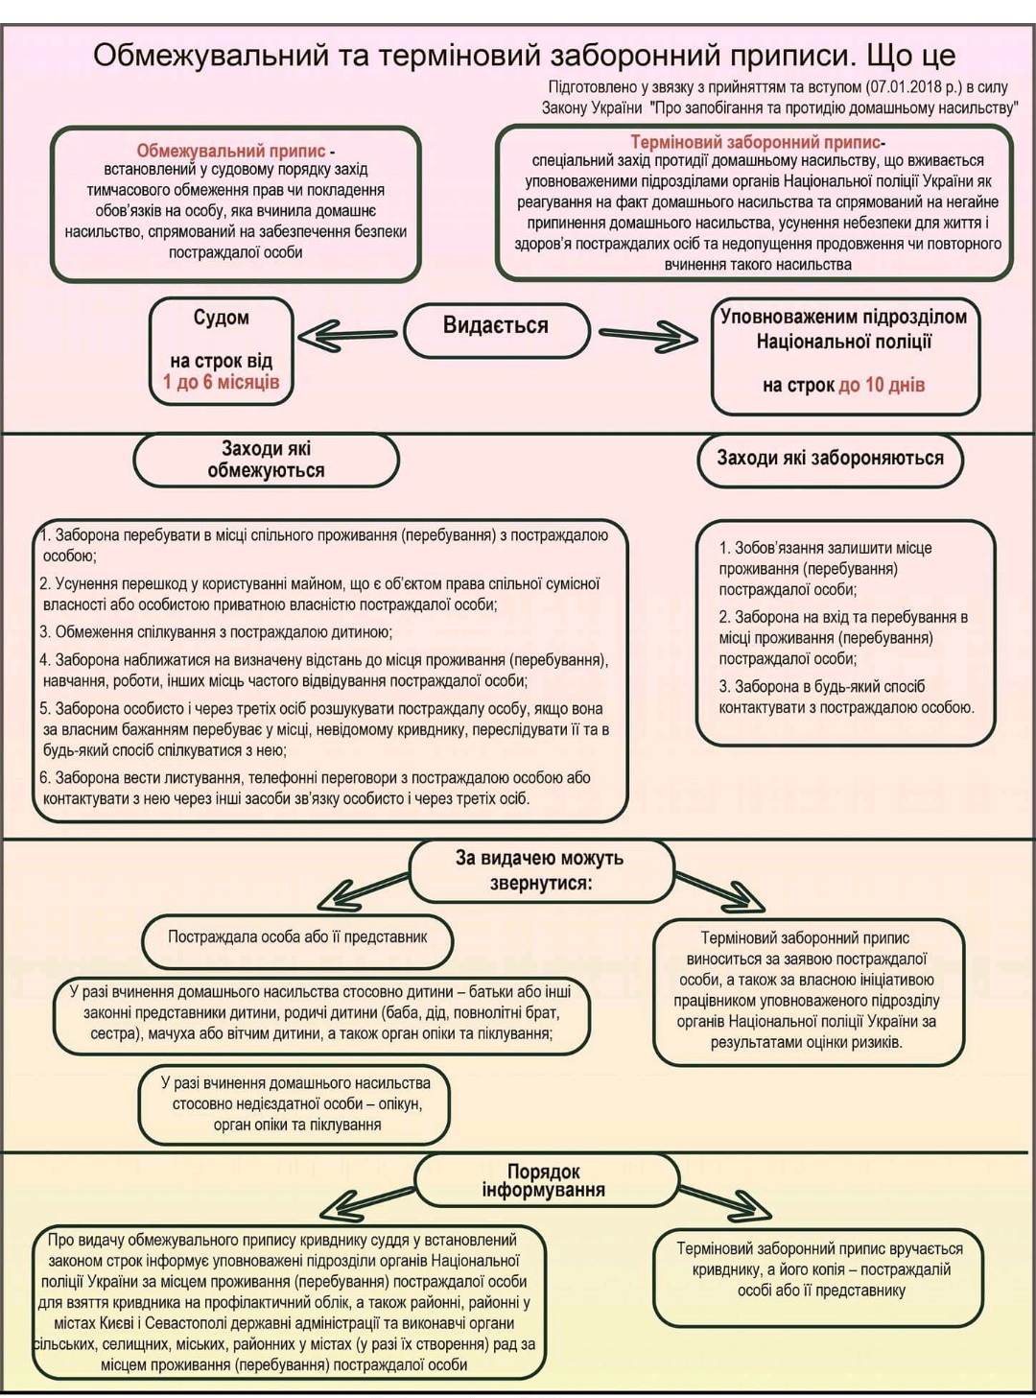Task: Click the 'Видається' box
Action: tap(497, 330)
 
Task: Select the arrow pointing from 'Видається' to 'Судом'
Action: tap(347, 336)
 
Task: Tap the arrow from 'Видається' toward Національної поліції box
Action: tap(647, 337)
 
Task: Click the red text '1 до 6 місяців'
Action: tap(222, 382)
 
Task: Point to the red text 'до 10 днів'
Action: tap(882, 385)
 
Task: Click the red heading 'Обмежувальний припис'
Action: tap(231, 151)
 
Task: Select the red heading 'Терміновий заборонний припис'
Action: tap(756, 142)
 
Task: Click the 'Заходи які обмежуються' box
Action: tap(266, 460)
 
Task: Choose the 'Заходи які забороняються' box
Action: tap(830, 459)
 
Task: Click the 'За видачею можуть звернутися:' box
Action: tap(541, 871)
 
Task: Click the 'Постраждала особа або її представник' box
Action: tap(297, 937)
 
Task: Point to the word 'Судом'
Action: tap(222, 318)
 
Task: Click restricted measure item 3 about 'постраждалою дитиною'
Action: tap(216, 632)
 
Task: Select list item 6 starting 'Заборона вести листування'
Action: tap(315, 788)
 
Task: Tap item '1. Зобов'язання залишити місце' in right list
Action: tap(825, 569)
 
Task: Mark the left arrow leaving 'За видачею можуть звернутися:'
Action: tap(363, 892)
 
